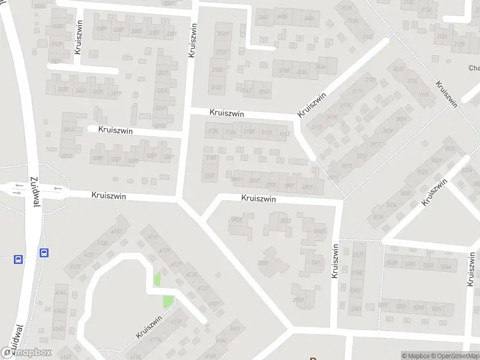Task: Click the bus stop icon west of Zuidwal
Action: [x=19, y=260]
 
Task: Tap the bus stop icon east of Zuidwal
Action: [x=44, y=253]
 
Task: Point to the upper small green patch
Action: [x=158, y=279]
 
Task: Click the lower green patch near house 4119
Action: [x=169, y=301]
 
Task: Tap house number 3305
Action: [x=136, y=31]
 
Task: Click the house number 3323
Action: [x=80, y=92]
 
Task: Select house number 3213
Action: [x=68, y=129]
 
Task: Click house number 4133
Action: [x=116, y=232]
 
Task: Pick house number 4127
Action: [x=176, y=264]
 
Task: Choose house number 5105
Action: [x=356, y=274]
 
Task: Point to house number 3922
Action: [x=286, y=220]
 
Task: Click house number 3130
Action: [x=353, y=21]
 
